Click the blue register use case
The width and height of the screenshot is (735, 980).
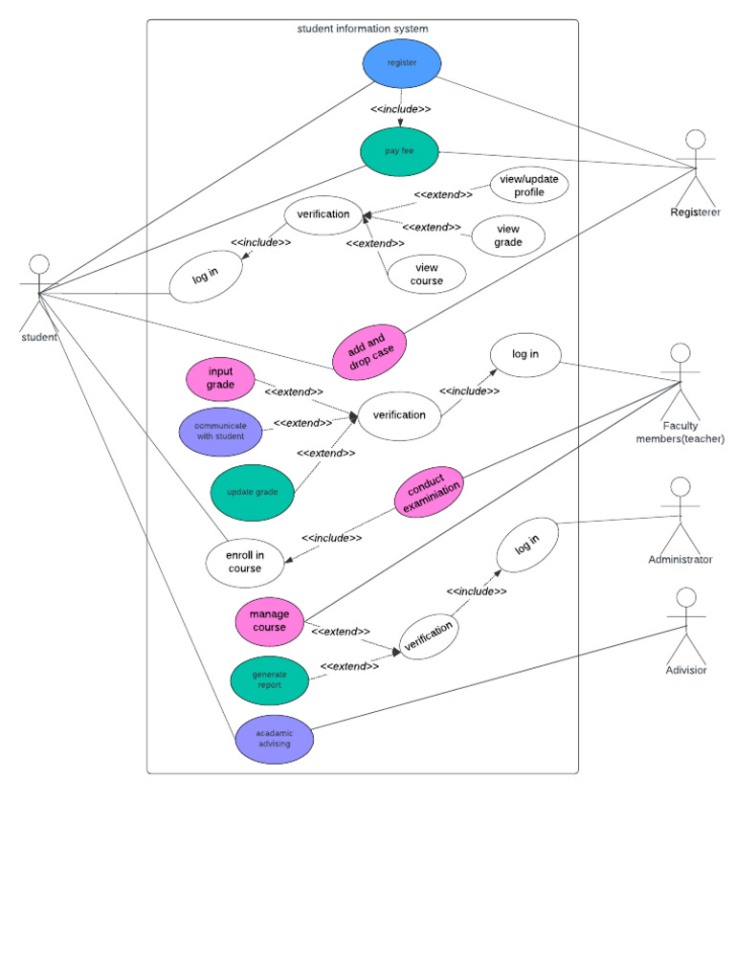point(402,63)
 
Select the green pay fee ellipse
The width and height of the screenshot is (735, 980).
point(400,151)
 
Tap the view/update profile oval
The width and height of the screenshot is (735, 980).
point(529,187)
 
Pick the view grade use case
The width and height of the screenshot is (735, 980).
point(508,235)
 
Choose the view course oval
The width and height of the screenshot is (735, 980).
point(427,274)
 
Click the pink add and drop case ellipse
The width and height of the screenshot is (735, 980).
point(368,351)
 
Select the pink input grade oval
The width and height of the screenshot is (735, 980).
point(220,378)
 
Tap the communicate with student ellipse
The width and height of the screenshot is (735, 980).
point(220,431)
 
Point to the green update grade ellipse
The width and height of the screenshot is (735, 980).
point(252,492)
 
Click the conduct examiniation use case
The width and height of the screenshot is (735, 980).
point(430,493)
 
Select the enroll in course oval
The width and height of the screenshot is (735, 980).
point(245,562)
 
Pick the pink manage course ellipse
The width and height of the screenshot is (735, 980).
point(269,621)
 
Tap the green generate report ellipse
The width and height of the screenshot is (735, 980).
point(269,680)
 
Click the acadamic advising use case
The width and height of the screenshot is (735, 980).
point(274,739)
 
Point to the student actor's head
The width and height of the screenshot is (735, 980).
point(38,264)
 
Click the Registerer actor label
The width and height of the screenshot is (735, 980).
point(696,212)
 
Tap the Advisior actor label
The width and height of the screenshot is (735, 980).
point(685,670)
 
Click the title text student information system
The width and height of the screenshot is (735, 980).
point(363,29)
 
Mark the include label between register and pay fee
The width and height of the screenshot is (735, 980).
point(400,109)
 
